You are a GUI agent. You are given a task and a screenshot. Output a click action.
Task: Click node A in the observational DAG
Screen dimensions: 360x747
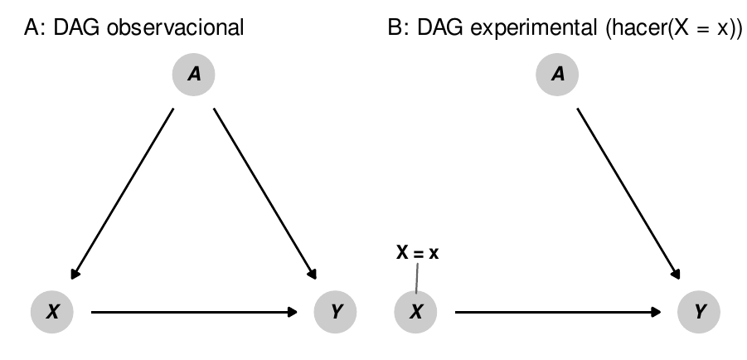pyautogui.click(x=194, y=75)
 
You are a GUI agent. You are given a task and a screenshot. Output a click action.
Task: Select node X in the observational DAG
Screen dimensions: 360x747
pyautogui.click(x=52, y=312)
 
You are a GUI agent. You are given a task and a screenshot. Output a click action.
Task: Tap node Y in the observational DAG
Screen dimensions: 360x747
pyautogui.click(x=336, y=312)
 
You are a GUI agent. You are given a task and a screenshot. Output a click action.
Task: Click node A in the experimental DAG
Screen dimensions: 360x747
pyautogui.click(x=558, y=75)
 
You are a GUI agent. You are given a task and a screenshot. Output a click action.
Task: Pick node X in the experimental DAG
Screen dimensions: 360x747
pyautogui.click(x=417, y=312)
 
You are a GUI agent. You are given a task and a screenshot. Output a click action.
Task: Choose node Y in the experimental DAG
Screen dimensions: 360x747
pyautogui.click(x=700, y=312)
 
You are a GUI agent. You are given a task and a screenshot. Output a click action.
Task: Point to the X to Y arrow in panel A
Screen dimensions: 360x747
pyautogui.click(x=194, y=312)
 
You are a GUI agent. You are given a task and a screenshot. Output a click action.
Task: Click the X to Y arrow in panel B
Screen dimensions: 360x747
pyautogui.click(x=558, y=312)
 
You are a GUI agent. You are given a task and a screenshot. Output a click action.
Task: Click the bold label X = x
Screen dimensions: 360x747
pyautogui.click(x=416, y=254)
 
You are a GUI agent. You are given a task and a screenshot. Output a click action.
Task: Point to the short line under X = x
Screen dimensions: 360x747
pyautogui.click(x=416, y=277)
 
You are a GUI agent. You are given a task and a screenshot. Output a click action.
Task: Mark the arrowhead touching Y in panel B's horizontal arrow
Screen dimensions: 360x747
pyautogui.click(x=656, y=312)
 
